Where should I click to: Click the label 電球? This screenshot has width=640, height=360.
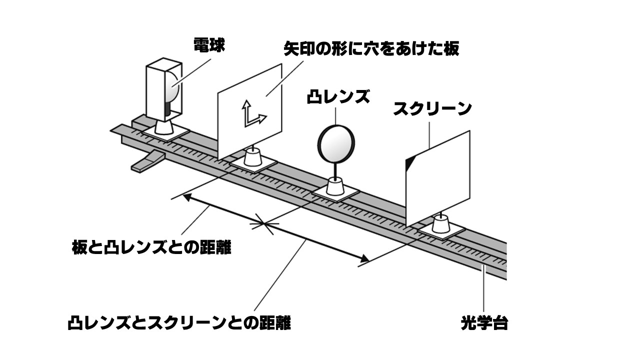coord(209,45)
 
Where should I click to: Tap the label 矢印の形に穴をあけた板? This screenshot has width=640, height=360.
coord(371,48)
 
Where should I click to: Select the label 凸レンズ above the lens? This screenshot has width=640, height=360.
coord(338,96)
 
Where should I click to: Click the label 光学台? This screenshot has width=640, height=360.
coord(484,323)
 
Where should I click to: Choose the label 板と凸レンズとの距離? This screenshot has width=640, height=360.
coord(151,247)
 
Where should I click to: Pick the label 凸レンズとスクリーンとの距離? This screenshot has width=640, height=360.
coord(179,322)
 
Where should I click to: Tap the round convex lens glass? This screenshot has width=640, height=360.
coord(336,143)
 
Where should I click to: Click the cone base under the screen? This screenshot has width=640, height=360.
coord(441,224)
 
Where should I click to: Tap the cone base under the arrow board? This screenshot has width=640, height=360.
coord(254,159)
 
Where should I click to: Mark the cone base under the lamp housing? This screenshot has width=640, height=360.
coord(164,127)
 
